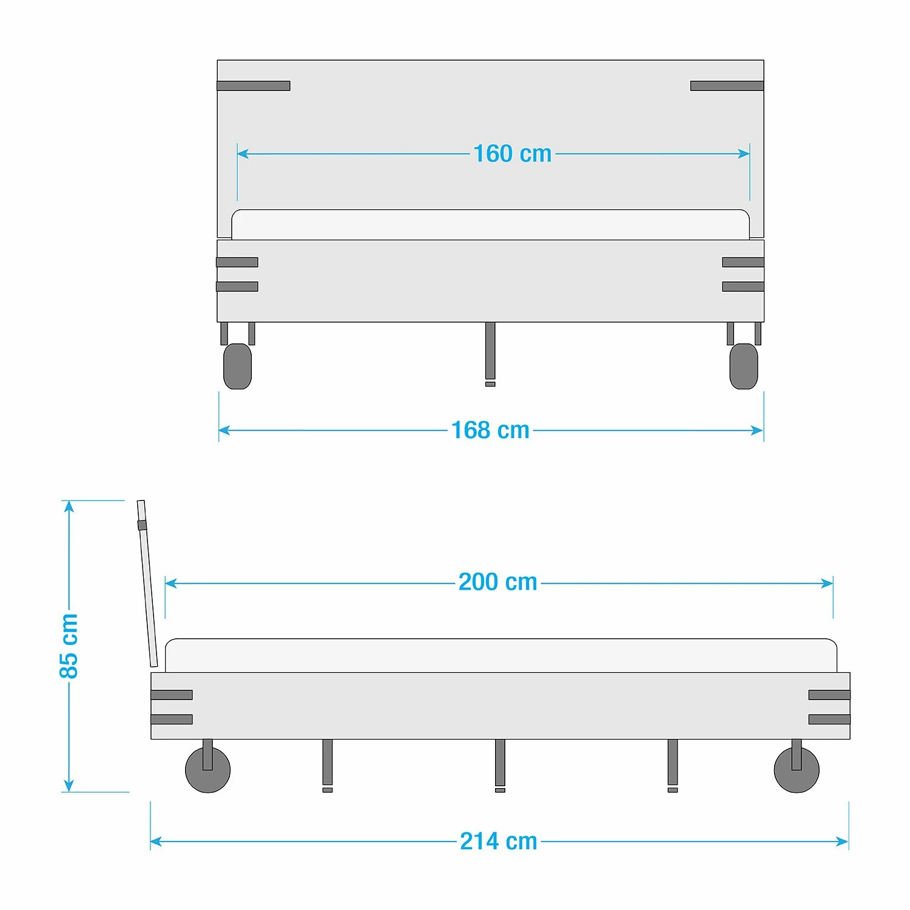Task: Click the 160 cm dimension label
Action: pos(512,153)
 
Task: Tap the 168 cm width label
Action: pos(490,430)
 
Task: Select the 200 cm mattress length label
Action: pos(497,582)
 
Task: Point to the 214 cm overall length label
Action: pos(499,841)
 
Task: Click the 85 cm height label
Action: pos(69,645)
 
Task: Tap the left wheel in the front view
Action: pos(237,366)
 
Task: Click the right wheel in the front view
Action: pos(744,366)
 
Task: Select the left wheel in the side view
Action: pos(207,770)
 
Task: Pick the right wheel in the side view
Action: pos(797,770)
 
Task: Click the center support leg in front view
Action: pos(490,354)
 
